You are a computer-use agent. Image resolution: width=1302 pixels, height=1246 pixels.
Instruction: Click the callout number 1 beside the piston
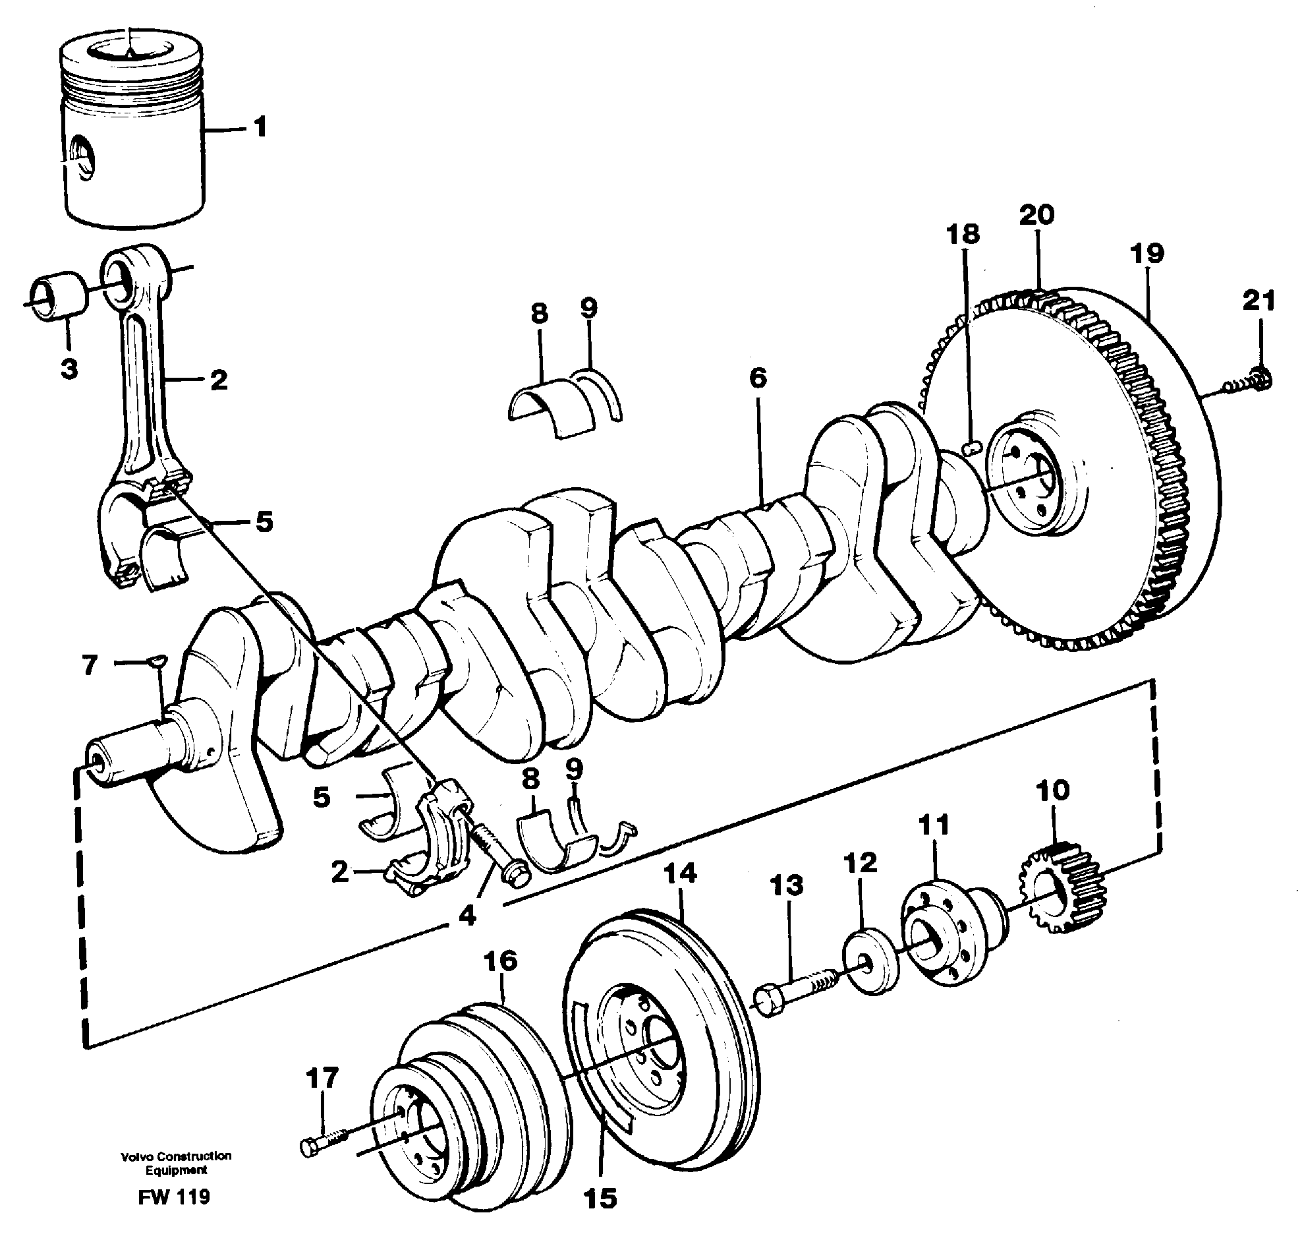click(x=260, y=126)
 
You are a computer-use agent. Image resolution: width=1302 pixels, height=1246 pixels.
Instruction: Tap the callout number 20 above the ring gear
click(x=1036, y=214)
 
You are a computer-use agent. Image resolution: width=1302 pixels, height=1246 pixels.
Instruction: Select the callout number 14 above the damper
click(x=680, y=873)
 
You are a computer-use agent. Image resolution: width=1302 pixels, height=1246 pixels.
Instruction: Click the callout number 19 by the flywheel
click(x=1146, y=253)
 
